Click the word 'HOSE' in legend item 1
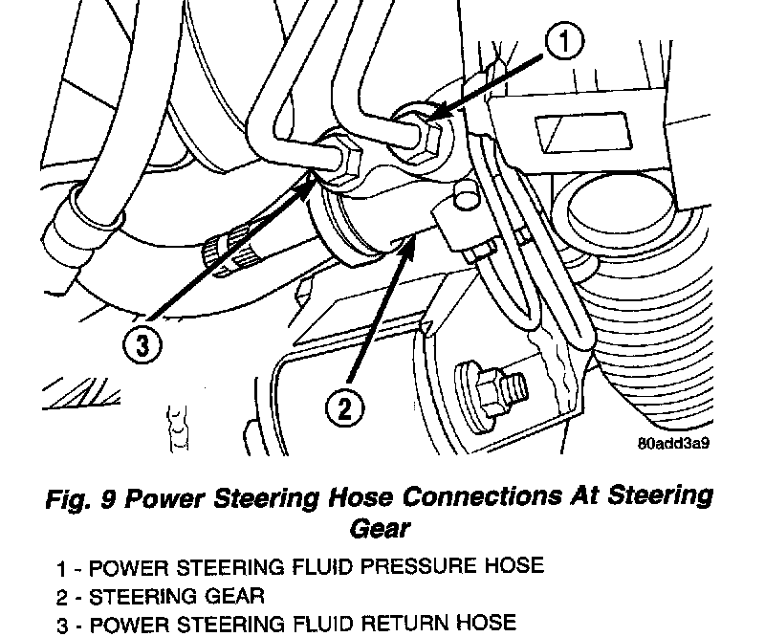(x=513, y=568)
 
